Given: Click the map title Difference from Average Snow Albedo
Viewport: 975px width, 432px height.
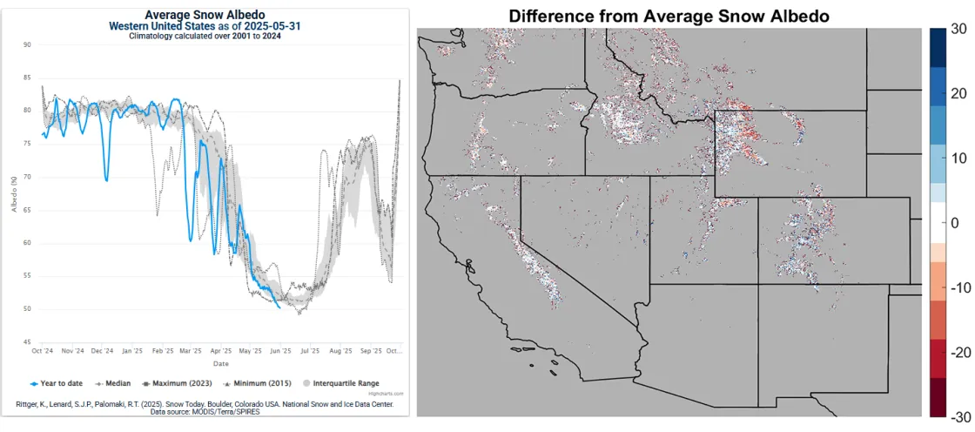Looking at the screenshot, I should [x=669, y=16].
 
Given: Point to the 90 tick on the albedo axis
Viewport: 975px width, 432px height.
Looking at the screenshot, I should [x=27, y=44].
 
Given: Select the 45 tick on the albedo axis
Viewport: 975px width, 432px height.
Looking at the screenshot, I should [x=27, y=342].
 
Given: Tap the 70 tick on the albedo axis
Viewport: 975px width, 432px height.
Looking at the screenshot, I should [x=27, y=177].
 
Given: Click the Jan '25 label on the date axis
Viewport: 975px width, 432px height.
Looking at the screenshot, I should [x=132, y=352].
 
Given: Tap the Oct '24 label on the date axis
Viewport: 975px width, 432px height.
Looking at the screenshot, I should [x=43, y=352].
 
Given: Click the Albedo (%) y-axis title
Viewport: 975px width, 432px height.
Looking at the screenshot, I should [x=15, y=193].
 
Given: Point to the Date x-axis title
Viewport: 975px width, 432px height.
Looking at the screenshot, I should [x=221, y=364].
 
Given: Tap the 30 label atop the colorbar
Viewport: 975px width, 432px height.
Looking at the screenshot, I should [x=959, y=29].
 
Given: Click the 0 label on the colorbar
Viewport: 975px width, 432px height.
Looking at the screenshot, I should [x=955, y=223].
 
